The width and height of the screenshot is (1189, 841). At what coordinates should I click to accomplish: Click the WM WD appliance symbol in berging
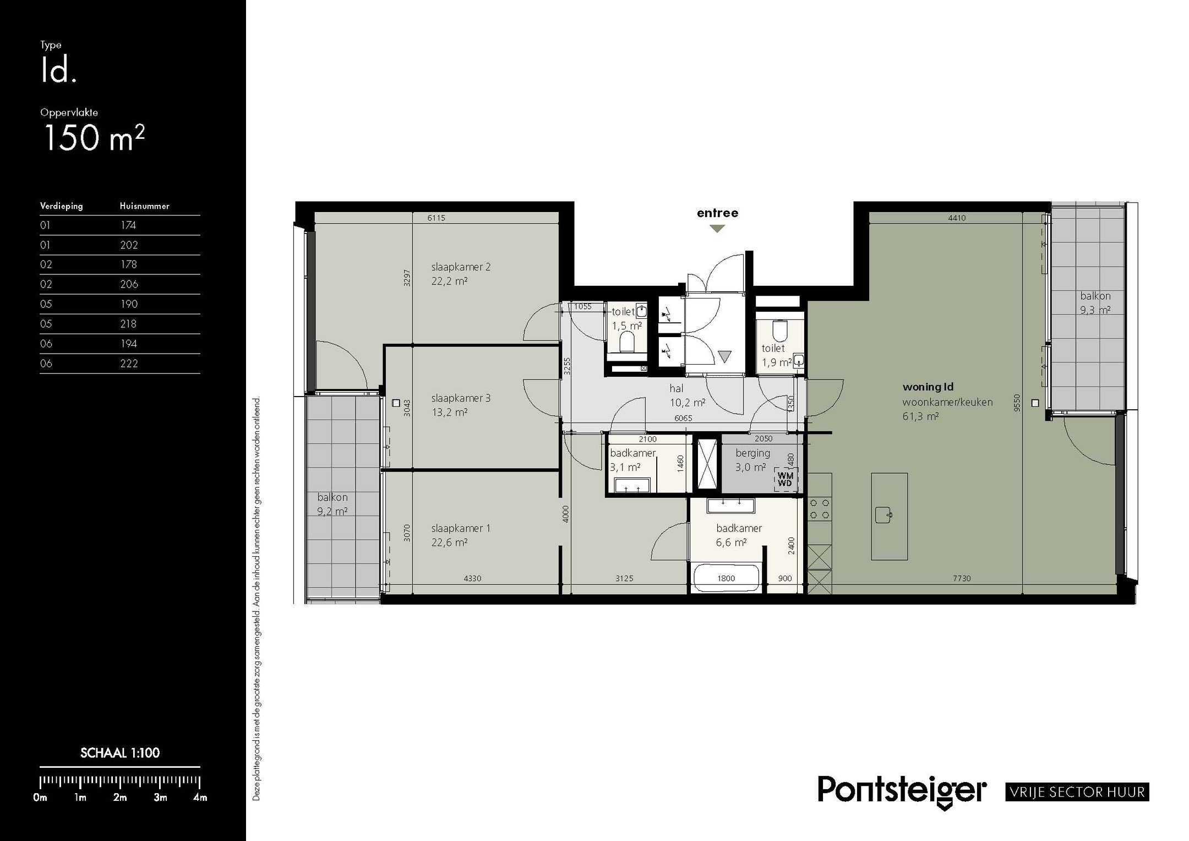785,479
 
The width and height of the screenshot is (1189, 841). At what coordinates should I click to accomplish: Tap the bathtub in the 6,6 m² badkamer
726,578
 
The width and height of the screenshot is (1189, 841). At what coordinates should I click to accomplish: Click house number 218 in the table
128,324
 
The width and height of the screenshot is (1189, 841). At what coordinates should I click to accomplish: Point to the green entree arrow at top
717,229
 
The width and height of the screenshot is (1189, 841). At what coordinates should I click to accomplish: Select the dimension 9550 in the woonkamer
1016,403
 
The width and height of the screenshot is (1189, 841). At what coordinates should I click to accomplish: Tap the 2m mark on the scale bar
120,797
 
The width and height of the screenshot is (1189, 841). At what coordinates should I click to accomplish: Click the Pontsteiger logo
902,791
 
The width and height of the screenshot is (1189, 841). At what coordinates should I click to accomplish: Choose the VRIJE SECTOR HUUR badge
1077,792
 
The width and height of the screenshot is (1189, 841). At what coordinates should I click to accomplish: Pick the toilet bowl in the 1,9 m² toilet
779,331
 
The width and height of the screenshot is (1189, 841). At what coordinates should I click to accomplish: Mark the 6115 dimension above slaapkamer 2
436,218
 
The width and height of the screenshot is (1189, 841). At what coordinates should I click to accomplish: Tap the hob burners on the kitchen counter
819,509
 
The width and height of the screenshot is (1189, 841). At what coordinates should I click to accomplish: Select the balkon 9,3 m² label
1095,303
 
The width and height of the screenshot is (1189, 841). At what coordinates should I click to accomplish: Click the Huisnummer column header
145,206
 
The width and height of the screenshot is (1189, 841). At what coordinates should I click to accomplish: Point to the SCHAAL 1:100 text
120,753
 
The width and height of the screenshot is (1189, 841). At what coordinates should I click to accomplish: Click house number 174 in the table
128,225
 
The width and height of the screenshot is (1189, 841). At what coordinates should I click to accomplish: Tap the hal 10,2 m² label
687,395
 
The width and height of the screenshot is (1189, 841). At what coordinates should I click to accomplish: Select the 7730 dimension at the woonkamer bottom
962,578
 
